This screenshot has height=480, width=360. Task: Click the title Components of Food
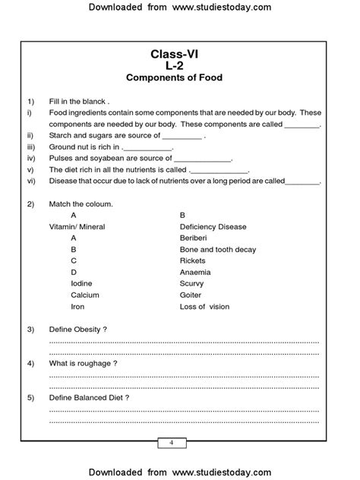tap(179, 77)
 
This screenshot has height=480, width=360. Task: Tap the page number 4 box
tap(172, 443)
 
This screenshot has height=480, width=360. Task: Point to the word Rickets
tap(193, 261)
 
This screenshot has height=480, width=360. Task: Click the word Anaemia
tap(195, 272)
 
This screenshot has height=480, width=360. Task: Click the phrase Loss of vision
tap(204, 307)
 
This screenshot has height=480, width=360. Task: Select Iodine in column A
tap(82, 283)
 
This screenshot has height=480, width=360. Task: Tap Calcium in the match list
tap(85, 295)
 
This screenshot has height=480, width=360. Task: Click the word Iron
tap(78, 307)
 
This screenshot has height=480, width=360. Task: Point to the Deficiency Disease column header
tap(213, 226)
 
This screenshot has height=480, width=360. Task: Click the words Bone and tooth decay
tap(218, 249)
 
